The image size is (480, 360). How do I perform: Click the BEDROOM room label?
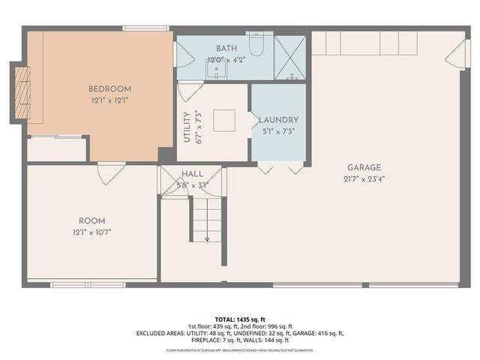(x=109, y=88)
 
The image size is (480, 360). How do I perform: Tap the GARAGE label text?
(x=364, y=167)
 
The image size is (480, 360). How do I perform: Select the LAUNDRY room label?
(x=278, y=120)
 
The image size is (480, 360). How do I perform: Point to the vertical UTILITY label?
(x=187, y=127)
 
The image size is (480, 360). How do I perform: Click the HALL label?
(x=192, y=174)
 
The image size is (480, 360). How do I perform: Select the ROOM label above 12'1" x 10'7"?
(x=92, y=220)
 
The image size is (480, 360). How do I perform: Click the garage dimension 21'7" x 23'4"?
(x=364, y=178)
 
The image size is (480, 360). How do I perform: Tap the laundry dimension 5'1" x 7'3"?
(x=278, y=131)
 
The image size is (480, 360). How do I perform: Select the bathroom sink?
(x=216, y=71)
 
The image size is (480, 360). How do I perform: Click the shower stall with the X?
(x=290, y=58)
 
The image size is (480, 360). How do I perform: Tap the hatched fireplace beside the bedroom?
(x=22, y=93)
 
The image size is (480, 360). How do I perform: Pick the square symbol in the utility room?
(x=223, y=121)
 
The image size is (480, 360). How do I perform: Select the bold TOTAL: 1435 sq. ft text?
(x=240, y=319)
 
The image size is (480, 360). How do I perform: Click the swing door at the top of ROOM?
(x=112, y=172)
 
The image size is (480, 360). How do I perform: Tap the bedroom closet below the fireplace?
(x=57, y=148)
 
